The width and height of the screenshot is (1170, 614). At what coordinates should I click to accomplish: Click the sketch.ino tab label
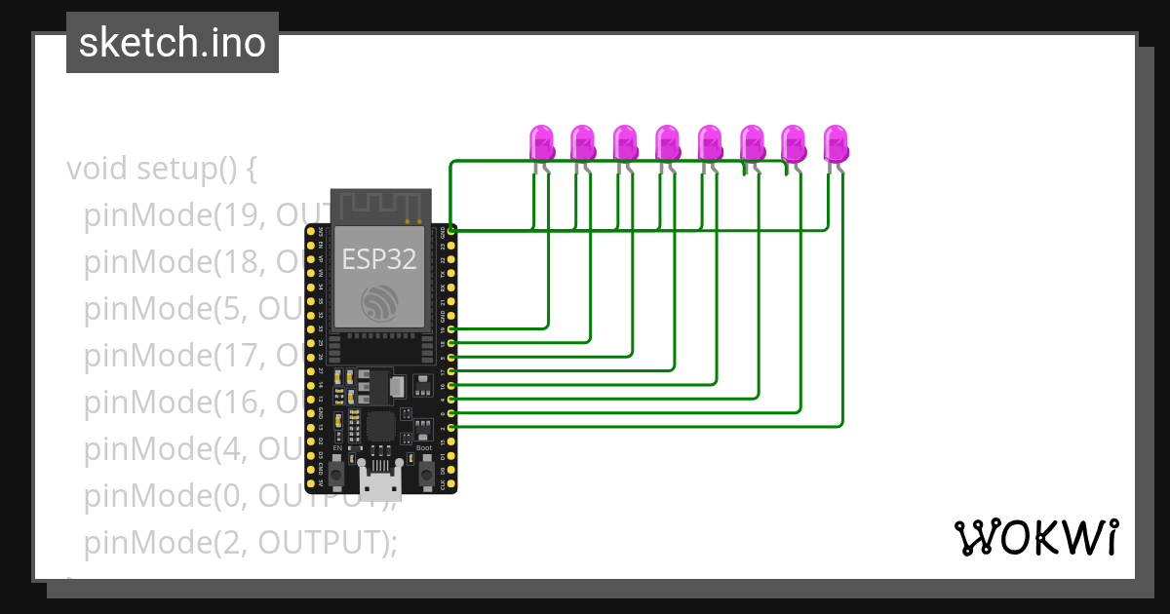click(173, 43)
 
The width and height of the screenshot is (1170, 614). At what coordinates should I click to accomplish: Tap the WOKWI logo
click(1034, 537)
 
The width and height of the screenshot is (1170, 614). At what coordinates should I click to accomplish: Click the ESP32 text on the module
click(379, 259)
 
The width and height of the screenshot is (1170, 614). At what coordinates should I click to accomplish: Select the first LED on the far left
click(541, 143)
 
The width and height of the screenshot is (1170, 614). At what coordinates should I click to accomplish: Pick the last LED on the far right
click(836, 143)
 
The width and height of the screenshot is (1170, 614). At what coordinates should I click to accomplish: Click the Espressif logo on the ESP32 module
click(379, 303)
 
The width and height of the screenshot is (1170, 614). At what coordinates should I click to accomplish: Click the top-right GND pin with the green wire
click(451, 231)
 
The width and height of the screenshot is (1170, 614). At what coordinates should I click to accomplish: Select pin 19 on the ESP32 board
click(451, 329)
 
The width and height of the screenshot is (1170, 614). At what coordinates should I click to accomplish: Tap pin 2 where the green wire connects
click(451, 427)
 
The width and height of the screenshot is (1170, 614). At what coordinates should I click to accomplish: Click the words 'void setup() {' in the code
click(162, 169)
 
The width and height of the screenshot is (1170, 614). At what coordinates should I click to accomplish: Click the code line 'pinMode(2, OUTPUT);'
click(241, 542)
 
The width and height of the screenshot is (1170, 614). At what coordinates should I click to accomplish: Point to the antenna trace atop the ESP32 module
click(380, 206)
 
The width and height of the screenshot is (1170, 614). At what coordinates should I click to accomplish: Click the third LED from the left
click(625, 143)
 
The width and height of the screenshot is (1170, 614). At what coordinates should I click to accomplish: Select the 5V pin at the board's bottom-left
click(311, 482)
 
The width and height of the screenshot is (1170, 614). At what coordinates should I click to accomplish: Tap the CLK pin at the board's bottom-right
click(451, 482)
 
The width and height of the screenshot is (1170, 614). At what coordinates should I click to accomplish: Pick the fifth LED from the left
click(709, 143)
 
